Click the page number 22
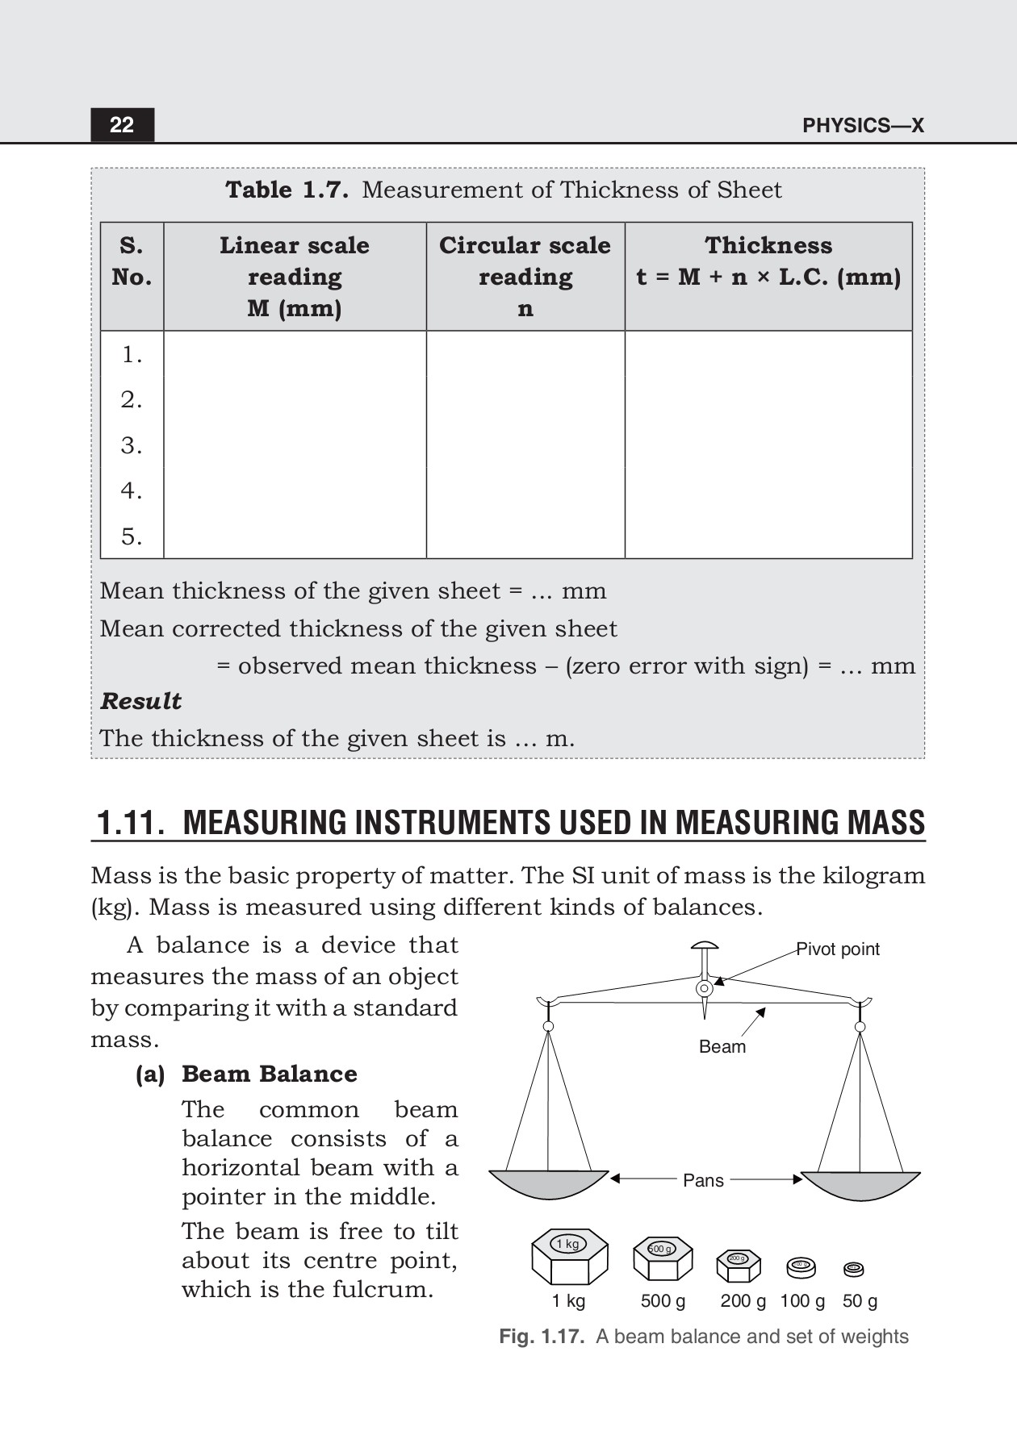coord(122,125)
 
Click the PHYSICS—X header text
coord(863,126)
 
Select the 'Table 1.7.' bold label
coord(287,190)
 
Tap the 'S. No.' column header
coord(132,261)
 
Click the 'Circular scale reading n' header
coord(525,277)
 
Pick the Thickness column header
coord(768,261)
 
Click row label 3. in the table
coord(132,445)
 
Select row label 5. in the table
coord(132,536)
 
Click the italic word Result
coord(140,701)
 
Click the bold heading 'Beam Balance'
coord(269,1074)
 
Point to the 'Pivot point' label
coord(838,949)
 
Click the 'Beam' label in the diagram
coord(722,1047)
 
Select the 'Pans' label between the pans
coord(703,1181)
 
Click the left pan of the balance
coord(548,1186)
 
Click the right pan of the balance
coord(860,1186)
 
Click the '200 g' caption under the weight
coord(743,1301)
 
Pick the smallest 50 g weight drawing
coord(853,1270)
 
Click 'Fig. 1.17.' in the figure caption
coord(541,1337)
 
